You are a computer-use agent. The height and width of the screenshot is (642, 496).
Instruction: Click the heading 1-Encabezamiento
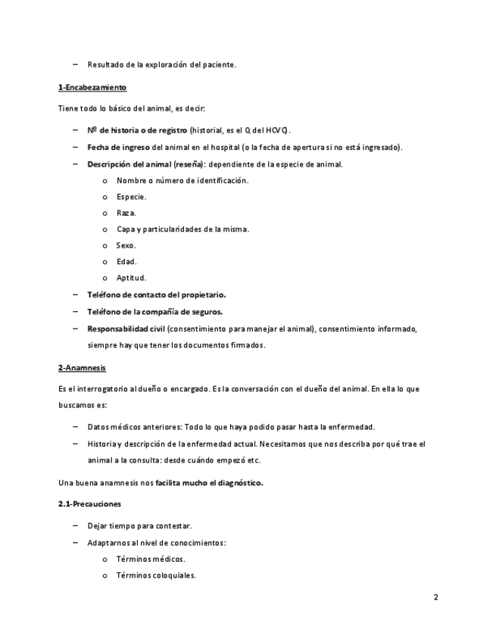pos(92,87)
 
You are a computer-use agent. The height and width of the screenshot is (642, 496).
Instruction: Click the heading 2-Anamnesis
pos(82,367)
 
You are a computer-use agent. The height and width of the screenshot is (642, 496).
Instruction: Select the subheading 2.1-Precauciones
pos(89,503)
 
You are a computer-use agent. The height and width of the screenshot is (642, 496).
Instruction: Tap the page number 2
pos(436,597)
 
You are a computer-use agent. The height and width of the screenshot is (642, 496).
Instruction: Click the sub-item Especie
pos(131,196)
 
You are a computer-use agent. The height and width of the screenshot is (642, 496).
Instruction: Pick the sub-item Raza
pos(126,213)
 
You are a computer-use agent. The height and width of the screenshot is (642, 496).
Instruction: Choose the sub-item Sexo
pos(126,245)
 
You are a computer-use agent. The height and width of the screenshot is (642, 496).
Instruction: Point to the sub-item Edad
pos(126,261)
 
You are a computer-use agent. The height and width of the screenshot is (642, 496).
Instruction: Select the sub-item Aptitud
pos(131,278)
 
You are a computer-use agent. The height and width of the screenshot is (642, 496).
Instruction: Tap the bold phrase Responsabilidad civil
pos(126,329)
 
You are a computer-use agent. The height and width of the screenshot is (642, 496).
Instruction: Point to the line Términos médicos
pos(151,559)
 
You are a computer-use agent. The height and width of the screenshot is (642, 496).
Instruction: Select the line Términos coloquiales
pos(156,575)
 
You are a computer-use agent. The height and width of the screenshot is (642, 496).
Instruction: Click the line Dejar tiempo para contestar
pos(139,525)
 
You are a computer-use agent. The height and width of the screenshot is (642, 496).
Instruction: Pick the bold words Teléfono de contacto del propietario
pos(156,295)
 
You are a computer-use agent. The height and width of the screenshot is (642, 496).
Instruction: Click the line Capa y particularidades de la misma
pos(182,229)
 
